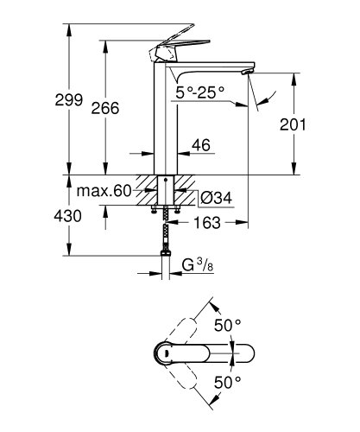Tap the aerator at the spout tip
pyautogui.click(x=251, y=71)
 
